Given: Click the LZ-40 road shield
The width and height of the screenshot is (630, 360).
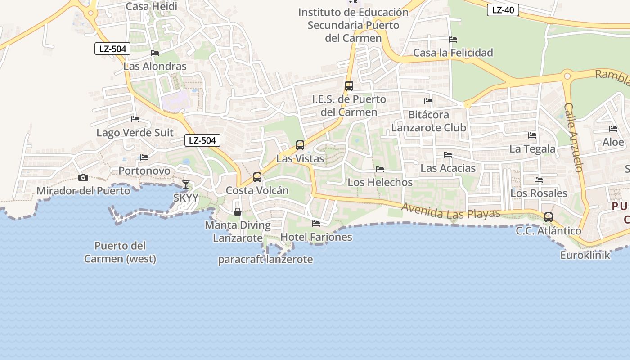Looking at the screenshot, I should (x=503, y=10).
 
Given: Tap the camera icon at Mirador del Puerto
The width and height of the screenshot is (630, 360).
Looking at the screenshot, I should (x=83, y=178).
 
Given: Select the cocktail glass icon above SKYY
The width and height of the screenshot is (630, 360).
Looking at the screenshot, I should (x=186, y=184).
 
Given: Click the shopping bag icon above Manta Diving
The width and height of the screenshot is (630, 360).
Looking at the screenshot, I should (x=238, y=211).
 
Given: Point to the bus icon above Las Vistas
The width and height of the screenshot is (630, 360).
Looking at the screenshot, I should (x=300, y=145).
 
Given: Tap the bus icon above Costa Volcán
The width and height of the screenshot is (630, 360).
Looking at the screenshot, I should (x=257, y=177).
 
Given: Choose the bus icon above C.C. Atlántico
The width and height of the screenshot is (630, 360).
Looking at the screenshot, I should (x=549, y=217).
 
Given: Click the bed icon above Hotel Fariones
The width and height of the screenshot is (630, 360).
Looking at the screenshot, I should (x=316, y=223).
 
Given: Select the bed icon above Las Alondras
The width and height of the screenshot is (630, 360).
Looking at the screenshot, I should (x=155, y=53).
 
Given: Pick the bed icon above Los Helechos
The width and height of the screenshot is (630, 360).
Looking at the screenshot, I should (x=380, y=169).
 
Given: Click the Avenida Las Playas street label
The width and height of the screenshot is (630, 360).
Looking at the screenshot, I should (x=450, y=211).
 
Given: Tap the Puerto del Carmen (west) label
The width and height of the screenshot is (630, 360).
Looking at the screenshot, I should (x=120, y=252).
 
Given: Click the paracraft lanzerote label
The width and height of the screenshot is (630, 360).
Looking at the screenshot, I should (x=265, y=260).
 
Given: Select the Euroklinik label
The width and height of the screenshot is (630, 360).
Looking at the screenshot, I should (x=585, y=255).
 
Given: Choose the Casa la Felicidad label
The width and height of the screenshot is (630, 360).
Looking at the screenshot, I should (x=453, y=53).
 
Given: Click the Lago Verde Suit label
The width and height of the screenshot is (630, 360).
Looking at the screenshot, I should (x=135, y=133).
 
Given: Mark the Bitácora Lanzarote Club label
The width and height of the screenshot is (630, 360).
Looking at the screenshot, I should (x=428, y=121).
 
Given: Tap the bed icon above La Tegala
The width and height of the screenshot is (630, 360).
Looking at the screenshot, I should (x=532, y=135).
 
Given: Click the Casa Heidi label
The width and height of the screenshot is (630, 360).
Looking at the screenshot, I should (x=151, y=6).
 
